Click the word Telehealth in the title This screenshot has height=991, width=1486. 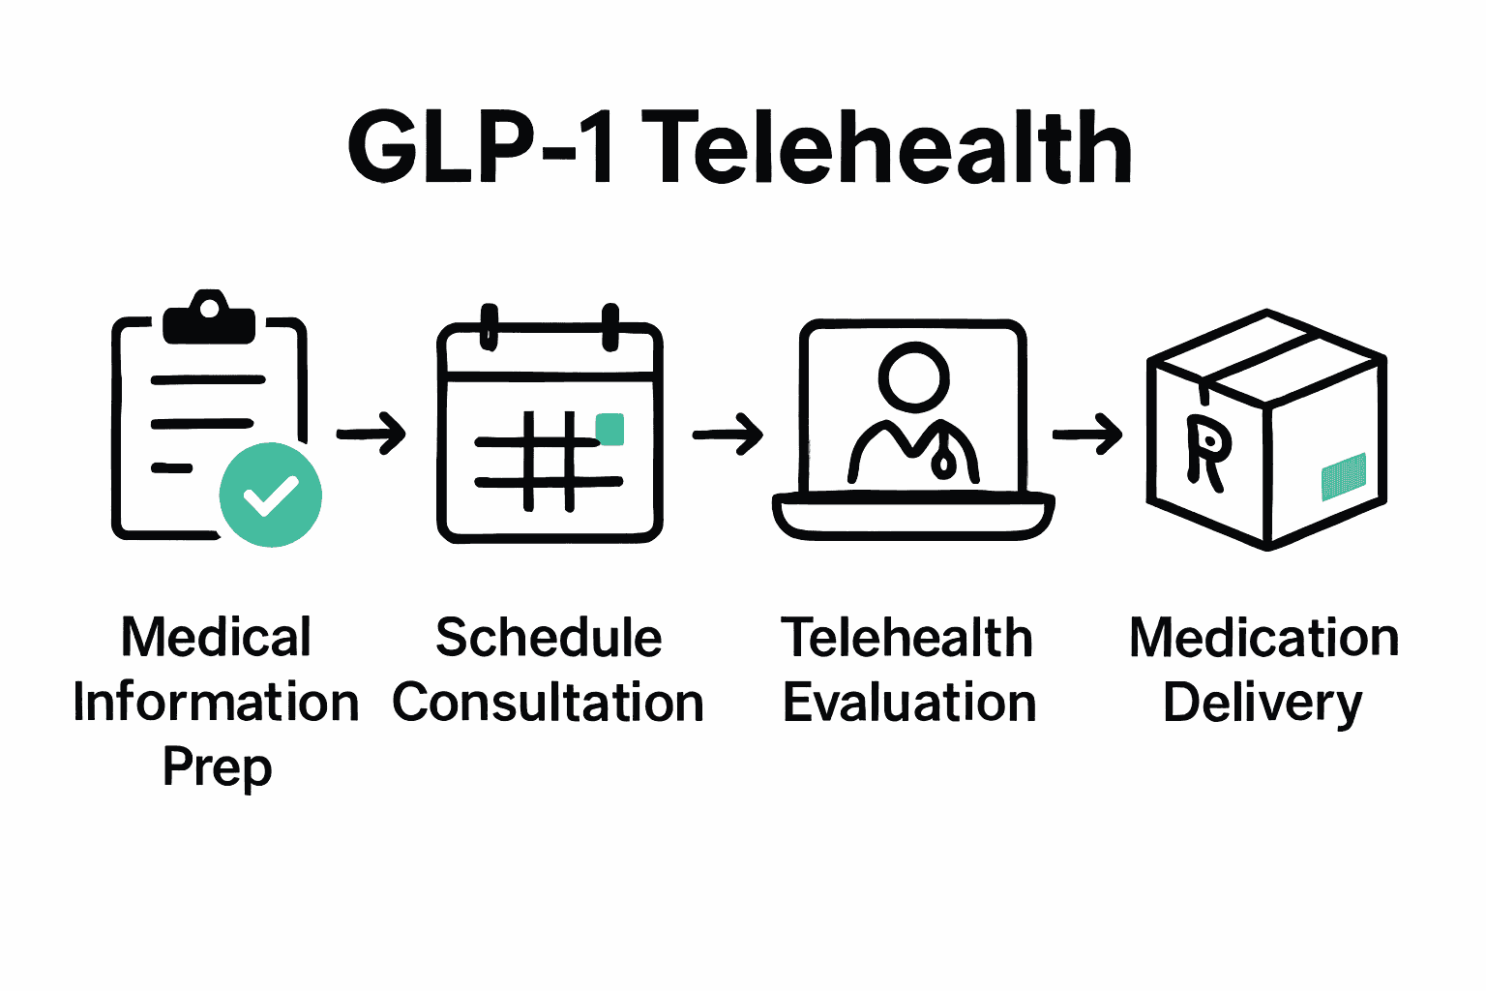point(886,148)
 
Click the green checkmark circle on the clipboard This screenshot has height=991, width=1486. point(271,495)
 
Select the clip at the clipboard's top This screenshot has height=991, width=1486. point(209,316)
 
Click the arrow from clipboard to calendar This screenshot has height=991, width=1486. point(371,433)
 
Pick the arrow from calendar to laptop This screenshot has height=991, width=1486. point(728,434)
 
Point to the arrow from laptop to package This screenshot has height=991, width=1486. point(1087,434)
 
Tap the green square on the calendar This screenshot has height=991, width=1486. point(609,429)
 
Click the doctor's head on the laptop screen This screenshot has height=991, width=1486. point(913,375)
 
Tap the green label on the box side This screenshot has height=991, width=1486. point(1344,477)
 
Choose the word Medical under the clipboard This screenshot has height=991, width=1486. point(217,638)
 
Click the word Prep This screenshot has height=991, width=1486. point(218,767)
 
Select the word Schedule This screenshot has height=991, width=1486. point(549,638)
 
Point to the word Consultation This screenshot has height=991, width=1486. point(549,703)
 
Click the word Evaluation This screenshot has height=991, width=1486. point(909,703)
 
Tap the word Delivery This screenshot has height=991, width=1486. point(1263,705)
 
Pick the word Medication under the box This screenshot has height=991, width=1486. point(1264,639)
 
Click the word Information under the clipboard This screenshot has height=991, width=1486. point(217,703)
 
